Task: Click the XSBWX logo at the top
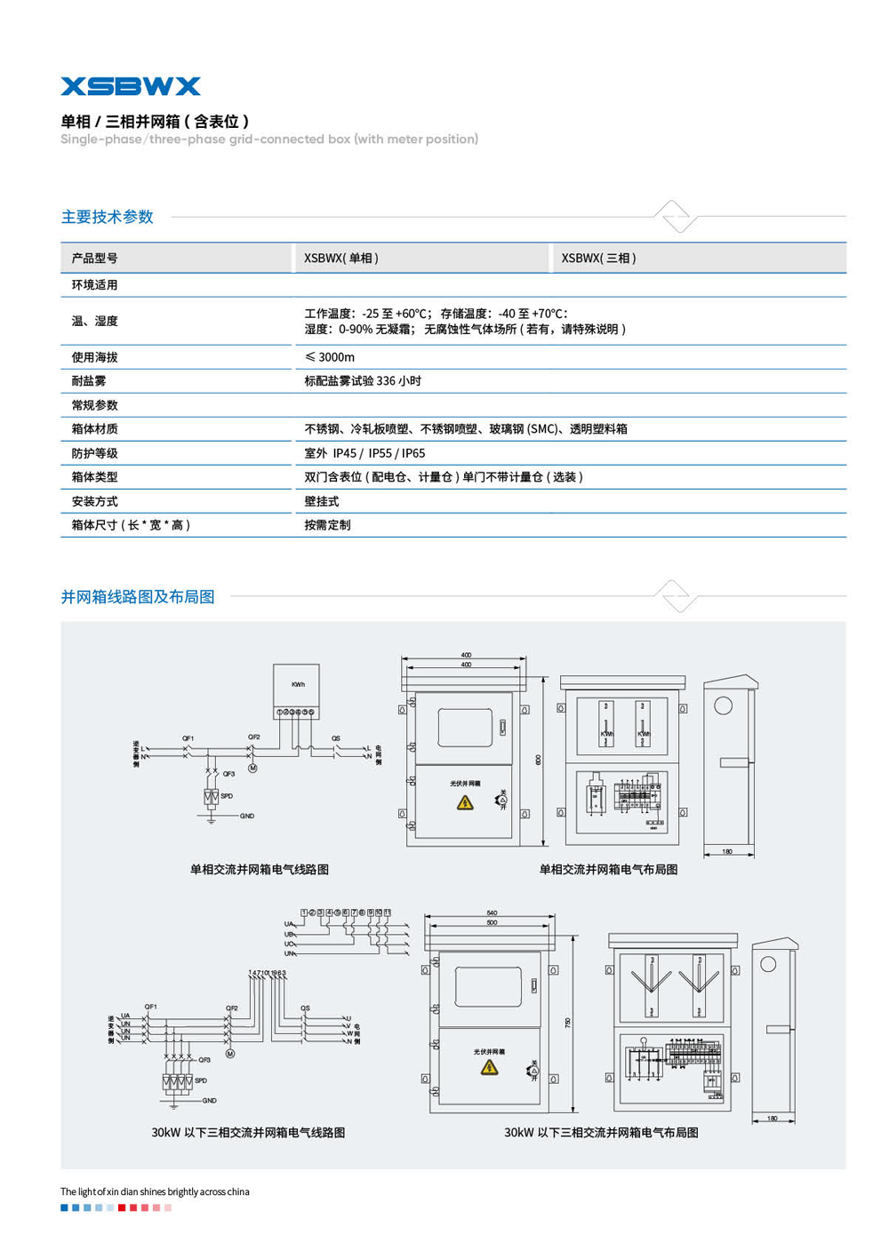pos(131,86)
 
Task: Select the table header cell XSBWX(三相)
pos(598,259)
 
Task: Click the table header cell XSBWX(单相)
pos(341,259)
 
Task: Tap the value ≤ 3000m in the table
pos(330,357)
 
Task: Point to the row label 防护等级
pos(95,453)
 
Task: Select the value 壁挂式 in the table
pos(322,501)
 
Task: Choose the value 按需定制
pos(327,525)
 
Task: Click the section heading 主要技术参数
pos(108,217)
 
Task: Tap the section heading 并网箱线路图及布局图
pos(138,597)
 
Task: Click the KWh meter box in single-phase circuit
pos(297,686)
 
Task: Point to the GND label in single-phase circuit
pos(246,816)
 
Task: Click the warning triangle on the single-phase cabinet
pos(465,802)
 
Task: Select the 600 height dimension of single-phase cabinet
pos(539,761)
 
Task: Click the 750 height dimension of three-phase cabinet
pos(568,1023)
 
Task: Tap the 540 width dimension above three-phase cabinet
pos(492,913)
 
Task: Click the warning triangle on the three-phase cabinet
pos(489,1067)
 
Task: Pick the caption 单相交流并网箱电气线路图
pos(260,870)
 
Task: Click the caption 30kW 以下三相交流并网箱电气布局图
pos(601,1133)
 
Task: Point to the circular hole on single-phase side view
pos(724,705)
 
